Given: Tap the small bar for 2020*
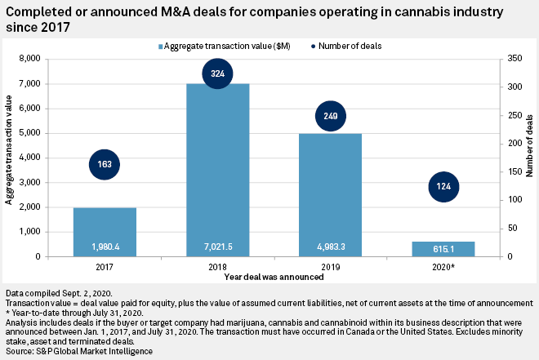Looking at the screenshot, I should pos(444,248).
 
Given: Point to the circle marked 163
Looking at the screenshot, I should pos(105,164).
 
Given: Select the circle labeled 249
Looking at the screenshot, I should pos(331,116).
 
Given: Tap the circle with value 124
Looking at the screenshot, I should pos(444,186).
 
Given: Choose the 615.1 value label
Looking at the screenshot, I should pos(444,247).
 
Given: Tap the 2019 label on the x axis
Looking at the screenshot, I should pos(331,265).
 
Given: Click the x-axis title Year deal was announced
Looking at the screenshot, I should pos(273,277).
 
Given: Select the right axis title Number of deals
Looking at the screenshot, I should pos(530,158).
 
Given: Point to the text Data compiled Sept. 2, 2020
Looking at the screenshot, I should pos(59,291).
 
